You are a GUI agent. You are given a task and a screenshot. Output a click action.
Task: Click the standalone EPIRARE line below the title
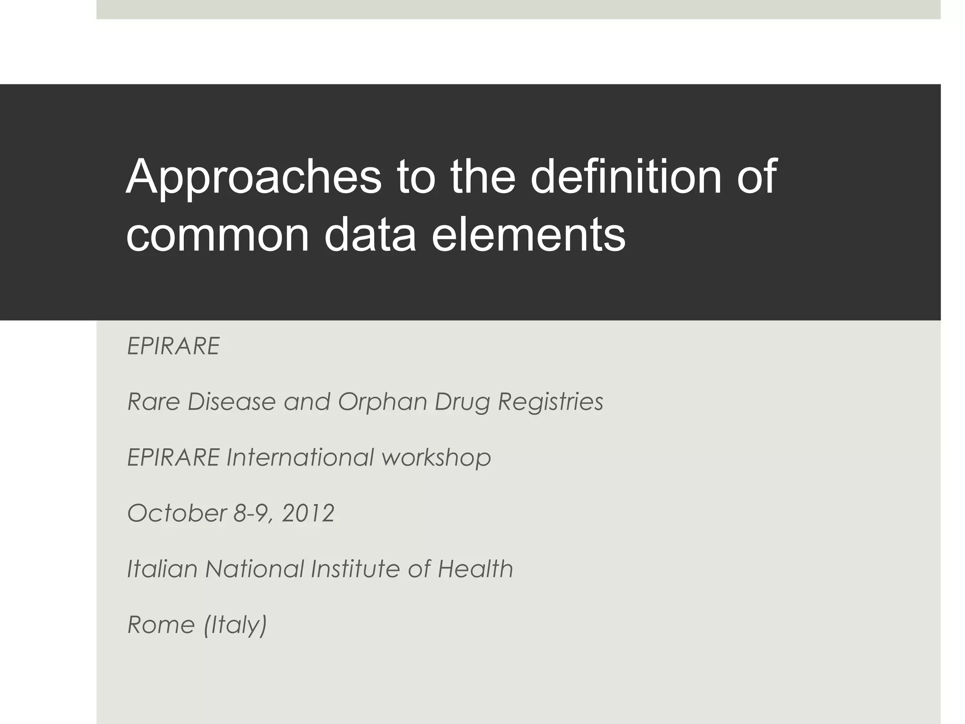pos(173,346)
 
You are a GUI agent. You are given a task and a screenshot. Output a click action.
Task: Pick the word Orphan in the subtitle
pos(381,402)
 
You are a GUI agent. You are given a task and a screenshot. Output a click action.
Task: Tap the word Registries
pos(550,402)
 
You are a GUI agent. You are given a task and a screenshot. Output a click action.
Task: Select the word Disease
pos(231,402)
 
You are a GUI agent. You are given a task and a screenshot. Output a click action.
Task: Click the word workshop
pos(436,458)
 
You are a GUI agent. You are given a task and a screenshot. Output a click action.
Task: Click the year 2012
pos(308,513)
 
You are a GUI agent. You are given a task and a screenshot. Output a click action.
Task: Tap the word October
pos(177,513)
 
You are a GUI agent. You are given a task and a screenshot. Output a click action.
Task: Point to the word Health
pos(475,569)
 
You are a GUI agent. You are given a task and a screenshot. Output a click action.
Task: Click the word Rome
pos(161,625)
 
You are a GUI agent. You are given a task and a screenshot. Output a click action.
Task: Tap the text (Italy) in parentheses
pos(235,625)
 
